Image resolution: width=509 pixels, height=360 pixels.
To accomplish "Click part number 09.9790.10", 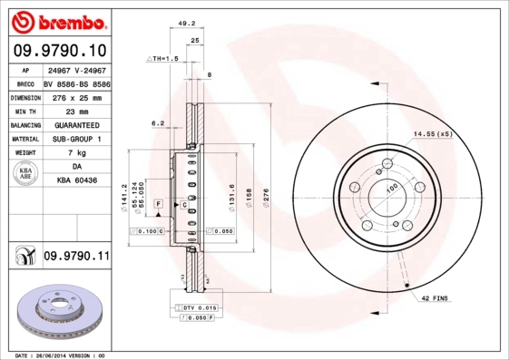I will (60, 49).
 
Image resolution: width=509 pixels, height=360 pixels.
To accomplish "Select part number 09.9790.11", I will (76, 257).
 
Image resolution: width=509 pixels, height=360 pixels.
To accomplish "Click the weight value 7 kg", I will (76, 153).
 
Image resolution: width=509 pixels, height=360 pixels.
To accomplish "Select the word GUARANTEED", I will (76, 124).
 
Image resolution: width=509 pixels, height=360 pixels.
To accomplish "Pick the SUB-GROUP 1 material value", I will (76, 139).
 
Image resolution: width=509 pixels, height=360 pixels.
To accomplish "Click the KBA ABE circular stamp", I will (24, 175).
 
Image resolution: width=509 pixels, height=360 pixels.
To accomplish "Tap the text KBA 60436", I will (76, 181).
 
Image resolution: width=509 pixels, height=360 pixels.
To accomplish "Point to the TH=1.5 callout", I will (163, 58).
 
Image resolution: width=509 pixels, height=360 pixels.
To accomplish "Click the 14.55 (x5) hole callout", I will (432, 133).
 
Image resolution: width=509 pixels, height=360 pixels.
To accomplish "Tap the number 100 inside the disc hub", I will (392, 188).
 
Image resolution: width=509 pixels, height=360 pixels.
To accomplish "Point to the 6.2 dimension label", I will (157, 122).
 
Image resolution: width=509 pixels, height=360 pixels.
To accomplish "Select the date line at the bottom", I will (61, 355).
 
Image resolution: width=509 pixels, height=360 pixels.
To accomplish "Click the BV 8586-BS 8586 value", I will (76, 82).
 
